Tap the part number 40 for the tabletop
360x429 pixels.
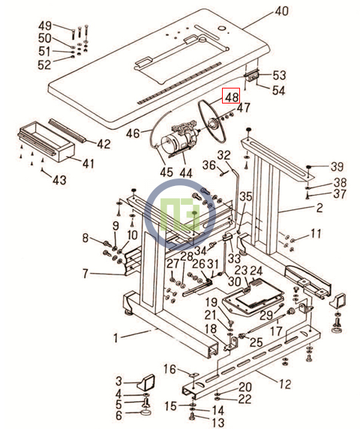pos(282,10)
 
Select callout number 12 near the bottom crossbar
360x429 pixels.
pos(285,385)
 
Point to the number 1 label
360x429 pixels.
pos(116,337)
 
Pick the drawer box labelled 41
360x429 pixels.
pos(46,141)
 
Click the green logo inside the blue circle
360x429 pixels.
pos(181,214)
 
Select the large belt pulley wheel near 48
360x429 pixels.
pos(212,121)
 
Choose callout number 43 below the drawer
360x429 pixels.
pos(60,180)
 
